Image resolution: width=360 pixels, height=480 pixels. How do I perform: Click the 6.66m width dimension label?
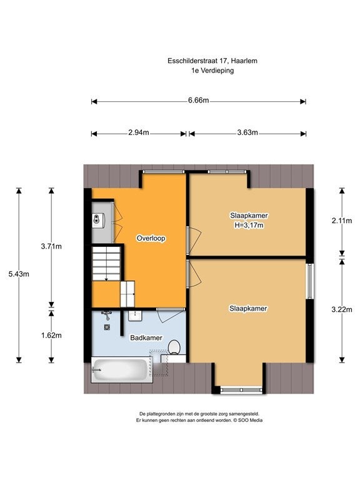point(198,101)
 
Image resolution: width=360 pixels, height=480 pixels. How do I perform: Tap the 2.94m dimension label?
point(139,132)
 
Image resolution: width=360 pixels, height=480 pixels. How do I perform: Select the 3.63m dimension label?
point(247,132)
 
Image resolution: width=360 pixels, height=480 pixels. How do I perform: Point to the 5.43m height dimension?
point(19,274)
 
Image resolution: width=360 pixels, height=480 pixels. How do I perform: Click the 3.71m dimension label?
point(51,246)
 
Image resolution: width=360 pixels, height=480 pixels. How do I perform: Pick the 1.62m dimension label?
point(51,336)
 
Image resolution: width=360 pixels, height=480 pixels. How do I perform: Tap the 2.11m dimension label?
point(342,221)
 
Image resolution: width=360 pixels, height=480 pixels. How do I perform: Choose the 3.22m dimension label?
point(342,309)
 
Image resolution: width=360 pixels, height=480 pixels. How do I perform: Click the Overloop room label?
point(151,238)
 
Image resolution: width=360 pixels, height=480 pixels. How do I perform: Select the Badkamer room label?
point(146,337)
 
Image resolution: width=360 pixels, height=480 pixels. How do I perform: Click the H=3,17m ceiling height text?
point(249,226)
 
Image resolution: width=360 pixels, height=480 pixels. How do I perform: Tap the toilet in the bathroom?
point(174,347)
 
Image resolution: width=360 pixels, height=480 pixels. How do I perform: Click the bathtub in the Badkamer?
point(122,369)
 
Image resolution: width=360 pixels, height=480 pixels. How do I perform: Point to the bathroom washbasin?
point(135,316)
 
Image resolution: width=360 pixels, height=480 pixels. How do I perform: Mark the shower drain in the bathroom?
point(107,327)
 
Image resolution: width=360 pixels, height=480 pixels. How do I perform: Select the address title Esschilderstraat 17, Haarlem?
point(212,61)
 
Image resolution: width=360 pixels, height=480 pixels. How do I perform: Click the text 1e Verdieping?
point(212,71)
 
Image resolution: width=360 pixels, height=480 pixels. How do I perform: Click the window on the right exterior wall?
point(310,281)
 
